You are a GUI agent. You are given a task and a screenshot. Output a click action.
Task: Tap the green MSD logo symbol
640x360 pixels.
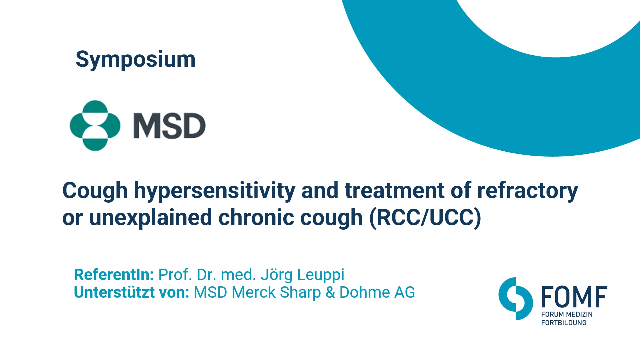(x=95, y=125)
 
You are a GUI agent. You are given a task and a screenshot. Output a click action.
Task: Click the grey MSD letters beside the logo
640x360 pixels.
(x=169, y=126)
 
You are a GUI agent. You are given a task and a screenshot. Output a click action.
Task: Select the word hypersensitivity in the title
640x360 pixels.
(x=215, y=191)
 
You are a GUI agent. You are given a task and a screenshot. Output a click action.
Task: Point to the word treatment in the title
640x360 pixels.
(x=395, y=191)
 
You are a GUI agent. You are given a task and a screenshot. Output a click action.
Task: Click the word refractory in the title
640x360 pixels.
(x=528, y=191)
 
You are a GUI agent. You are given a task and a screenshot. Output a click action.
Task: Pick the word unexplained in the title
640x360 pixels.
(x=151, y=218)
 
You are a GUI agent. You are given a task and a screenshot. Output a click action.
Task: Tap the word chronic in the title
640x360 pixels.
(x=256, y=217)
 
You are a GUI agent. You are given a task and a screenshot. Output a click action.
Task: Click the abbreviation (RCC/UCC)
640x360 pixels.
(x=425, y=218)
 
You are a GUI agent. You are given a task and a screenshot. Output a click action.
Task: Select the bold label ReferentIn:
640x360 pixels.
(x=114, y=275)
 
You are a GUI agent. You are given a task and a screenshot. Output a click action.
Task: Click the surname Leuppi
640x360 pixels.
(x=320, y=275)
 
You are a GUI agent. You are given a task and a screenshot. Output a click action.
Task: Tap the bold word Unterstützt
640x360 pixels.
(x=114, y=292)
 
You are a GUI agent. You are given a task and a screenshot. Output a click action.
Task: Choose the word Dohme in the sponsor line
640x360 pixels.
(x=365, y=292)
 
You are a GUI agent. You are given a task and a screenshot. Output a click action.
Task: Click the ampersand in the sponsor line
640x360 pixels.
(x=330, y=292)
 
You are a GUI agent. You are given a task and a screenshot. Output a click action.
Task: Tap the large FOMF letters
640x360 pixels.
(x=574, y=297)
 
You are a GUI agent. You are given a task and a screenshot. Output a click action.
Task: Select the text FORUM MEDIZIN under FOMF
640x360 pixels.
(x=567, y=314)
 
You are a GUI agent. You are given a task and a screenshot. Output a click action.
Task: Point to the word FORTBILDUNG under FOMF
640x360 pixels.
(x=564, y=323)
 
